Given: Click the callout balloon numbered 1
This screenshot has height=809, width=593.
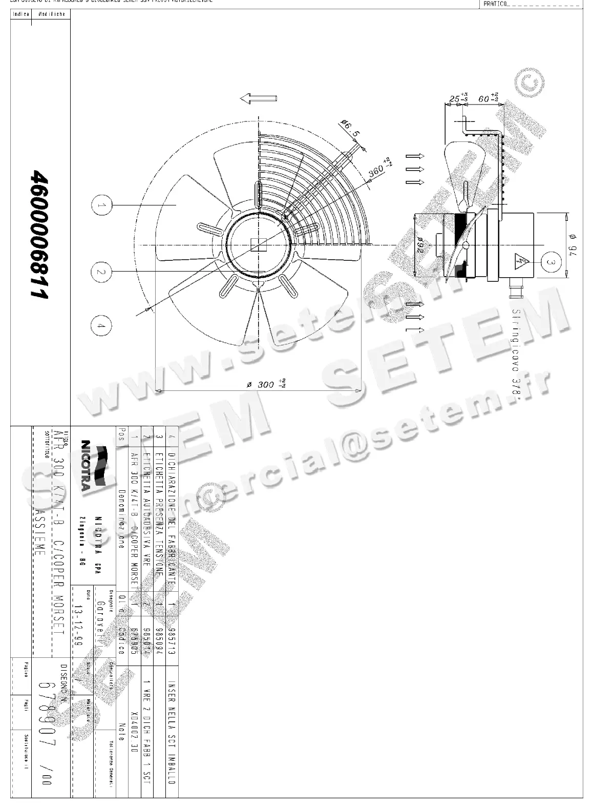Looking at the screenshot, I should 101,205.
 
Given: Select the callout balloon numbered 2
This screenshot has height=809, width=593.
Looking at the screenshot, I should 101,272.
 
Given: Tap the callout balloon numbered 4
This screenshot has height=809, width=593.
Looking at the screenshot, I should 101,326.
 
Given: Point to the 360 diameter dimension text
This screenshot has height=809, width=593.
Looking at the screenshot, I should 379,170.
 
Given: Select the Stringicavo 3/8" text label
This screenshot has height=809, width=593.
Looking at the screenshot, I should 516,354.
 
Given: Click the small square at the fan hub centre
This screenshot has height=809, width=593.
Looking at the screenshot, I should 259,245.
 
